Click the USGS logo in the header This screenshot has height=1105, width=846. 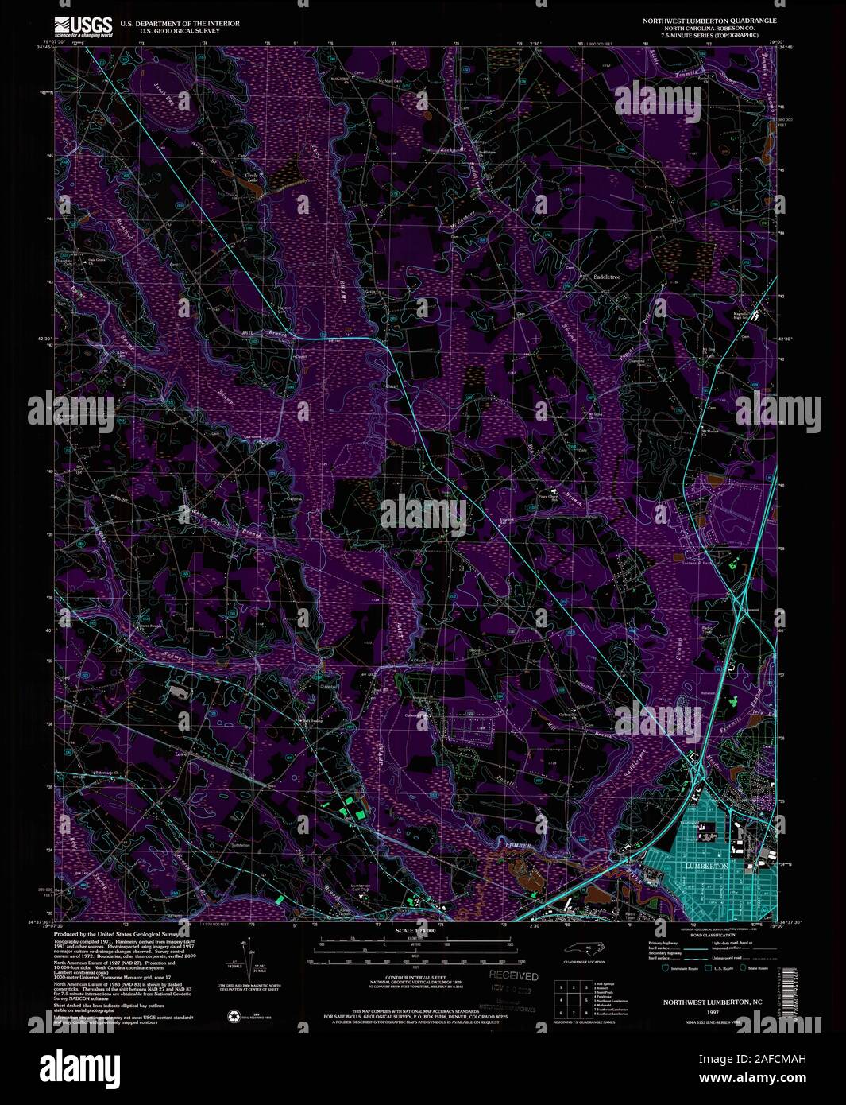coord(83,28)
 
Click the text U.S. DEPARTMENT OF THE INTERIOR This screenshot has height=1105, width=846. coord(180,24)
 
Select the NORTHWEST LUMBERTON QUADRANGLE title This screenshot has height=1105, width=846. coord(709,19)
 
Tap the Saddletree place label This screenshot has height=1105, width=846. coord(605,277)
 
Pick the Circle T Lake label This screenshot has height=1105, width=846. coord(252,178)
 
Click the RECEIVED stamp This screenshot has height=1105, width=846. coord(513,976)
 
